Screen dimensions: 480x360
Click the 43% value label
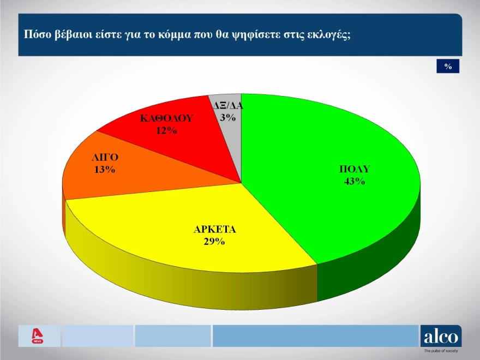(355, 181)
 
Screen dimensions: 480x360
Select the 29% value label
(214, 242)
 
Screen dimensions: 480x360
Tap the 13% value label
(105, 169)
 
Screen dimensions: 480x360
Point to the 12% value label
(166, 130)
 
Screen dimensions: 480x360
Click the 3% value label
(228, 117)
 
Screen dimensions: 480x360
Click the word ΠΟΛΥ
(355, 169)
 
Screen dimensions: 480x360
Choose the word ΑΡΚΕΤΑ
(214, 229)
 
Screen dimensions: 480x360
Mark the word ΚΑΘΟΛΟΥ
(166, 118)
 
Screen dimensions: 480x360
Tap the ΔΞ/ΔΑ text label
(228, 106)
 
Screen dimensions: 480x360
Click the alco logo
(441, 336)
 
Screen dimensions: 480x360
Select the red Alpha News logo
(37, 336)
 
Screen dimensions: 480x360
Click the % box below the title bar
(448, 66)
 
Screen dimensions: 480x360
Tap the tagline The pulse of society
(441, 351)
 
